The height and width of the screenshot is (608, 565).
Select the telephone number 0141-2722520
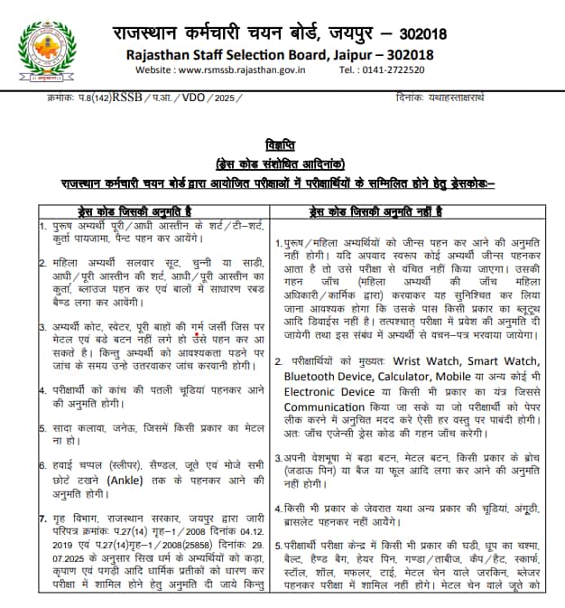[x=408, y=69]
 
